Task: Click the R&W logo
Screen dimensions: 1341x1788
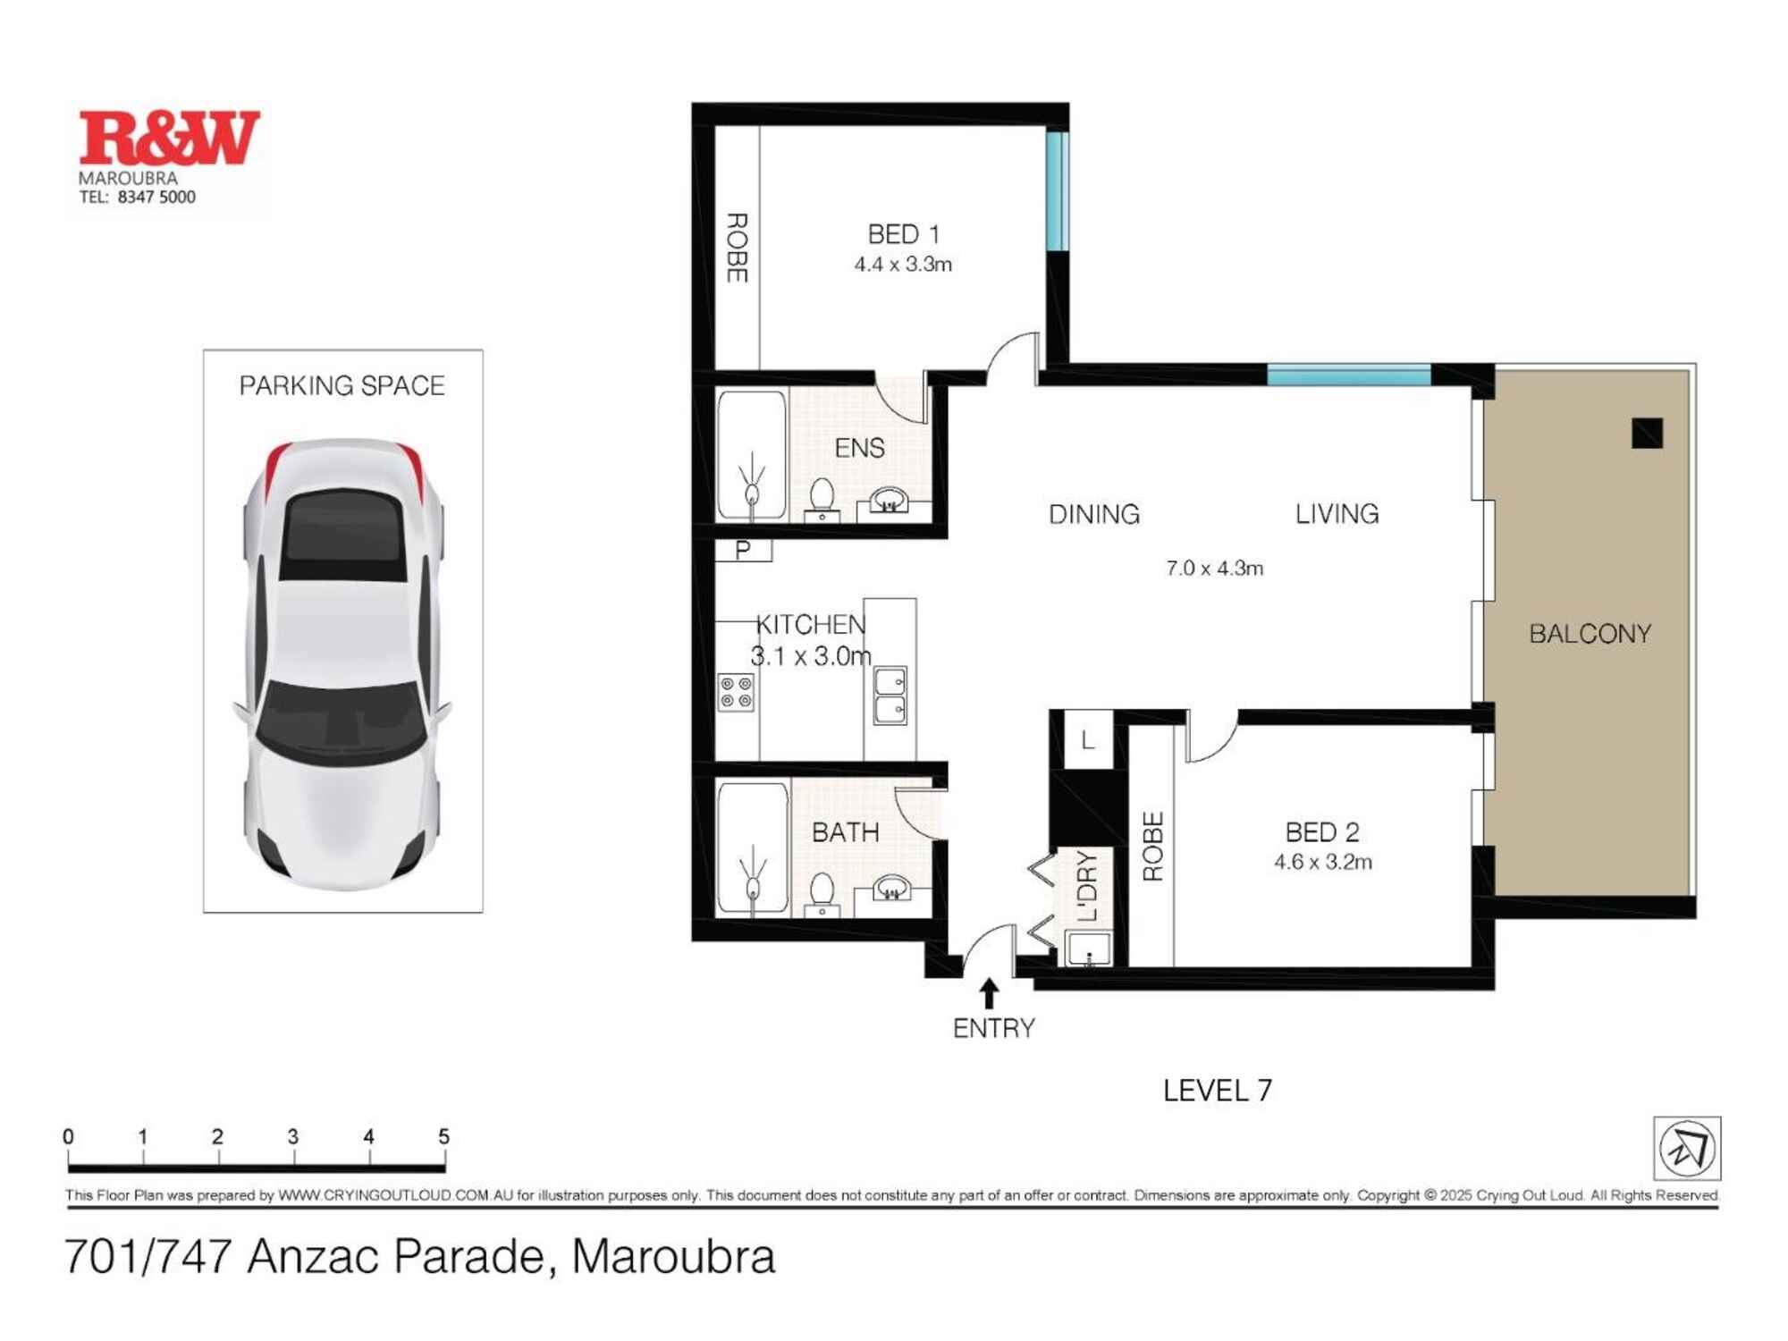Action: pos(169,139)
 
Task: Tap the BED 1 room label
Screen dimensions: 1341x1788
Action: pos(903,234)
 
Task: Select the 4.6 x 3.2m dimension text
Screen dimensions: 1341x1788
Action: pos(1322,863)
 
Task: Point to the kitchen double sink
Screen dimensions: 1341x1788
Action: pos(890,696)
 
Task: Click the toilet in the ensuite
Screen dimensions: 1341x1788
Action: pos(822,497)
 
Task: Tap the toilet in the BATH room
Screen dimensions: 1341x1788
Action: pos(822,892)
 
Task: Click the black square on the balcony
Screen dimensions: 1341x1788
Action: pos(1647,434)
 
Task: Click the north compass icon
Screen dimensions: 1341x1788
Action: pos(1686,1149)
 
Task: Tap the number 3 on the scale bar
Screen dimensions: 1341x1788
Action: pos(293,1137)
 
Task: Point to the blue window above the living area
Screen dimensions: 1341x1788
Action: pos(1348,375)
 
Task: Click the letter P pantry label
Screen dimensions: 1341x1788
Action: pos(743,550)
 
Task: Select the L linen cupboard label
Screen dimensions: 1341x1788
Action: pos(1087,740)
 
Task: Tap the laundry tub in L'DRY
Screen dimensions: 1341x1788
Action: pos(1089,948)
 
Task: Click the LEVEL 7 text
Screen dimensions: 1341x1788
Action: pos(1217,1091)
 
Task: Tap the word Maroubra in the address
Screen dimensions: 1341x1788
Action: pos(672,1257)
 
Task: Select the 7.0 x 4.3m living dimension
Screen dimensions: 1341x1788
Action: pos(1214,569)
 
